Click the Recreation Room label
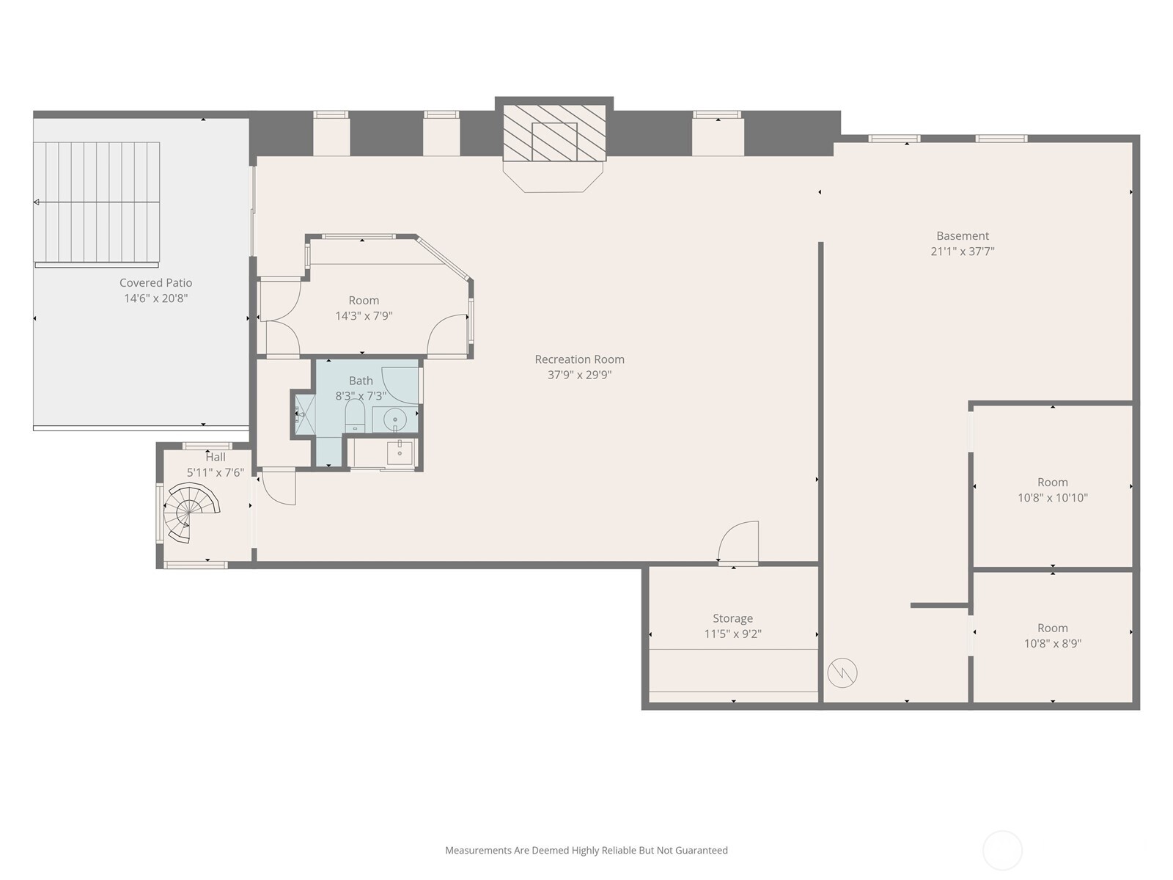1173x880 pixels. pos(579,359)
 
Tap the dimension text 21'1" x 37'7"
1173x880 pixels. pos(962,252)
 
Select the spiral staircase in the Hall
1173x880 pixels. pos(189,511)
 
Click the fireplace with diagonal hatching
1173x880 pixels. pos(554,133)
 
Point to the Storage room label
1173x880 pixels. pos(732,618)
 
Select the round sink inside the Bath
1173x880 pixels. pos(394,420)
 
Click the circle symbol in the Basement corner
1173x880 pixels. pos(842,672)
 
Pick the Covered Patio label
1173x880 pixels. pos(155,283)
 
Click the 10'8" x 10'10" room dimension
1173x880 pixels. pos(1052,498)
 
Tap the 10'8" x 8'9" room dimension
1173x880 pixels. pos(1052,644)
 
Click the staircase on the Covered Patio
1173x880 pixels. pos(98,202)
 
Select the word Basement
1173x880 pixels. pos(962,236)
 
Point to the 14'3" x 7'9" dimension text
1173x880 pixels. pos(364,316)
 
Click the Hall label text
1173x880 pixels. pos(215,457)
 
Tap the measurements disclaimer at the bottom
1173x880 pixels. pos(586,851)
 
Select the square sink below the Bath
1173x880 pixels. pos(400,452)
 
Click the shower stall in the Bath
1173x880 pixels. pos(304,415)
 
